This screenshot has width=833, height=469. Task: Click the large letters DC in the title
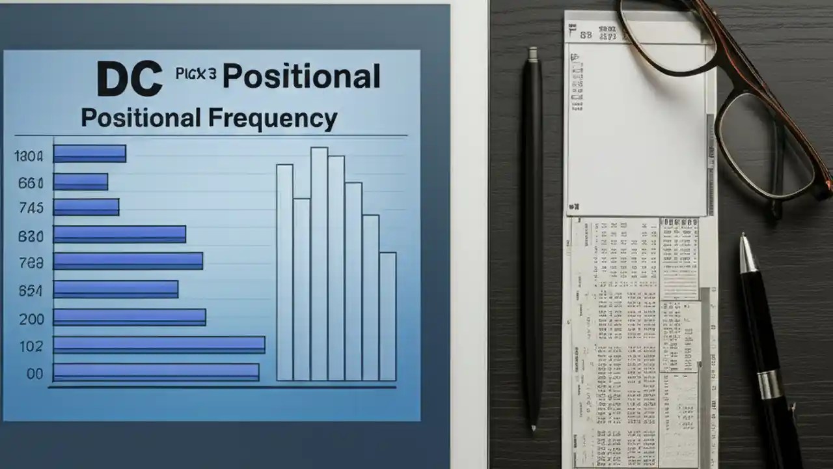(x=130, y=79)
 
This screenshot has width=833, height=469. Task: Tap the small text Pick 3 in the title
(x=195, y=74)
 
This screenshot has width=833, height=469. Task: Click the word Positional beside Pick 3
(x=301, y=77)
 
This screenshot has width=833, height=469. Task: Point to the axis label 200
(x=31, y=319)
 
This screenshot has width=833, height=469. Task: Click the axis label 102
(x=31, y=347)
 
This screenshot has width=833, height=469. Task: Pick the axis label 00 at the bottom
(x=34, y=374)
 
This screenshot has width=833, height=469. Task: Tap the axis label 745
(x=31, y=208)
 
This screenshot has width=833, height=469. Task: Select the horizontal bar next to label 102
(x=159, y=345)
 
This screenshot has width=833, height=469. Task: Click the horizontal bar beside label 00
(x=156, y=372)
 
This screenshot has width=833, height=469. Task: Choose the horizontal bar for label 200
(x=130, y=317)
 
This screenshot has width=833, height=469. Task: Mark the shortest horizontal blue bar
(x=81, y=182)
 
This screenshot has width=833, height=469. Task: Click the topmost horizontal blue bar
(x=89, y=154)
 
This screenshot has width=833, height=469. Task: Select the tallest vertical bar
(x=319, y=264)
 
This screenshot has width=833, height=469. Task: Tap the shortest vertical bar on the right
(x=387, y=316)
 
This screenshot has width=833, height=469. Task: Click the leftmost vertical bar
(x=284, y=272)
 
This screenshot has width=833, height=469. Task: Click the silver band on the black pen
(x=769, y=384)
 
